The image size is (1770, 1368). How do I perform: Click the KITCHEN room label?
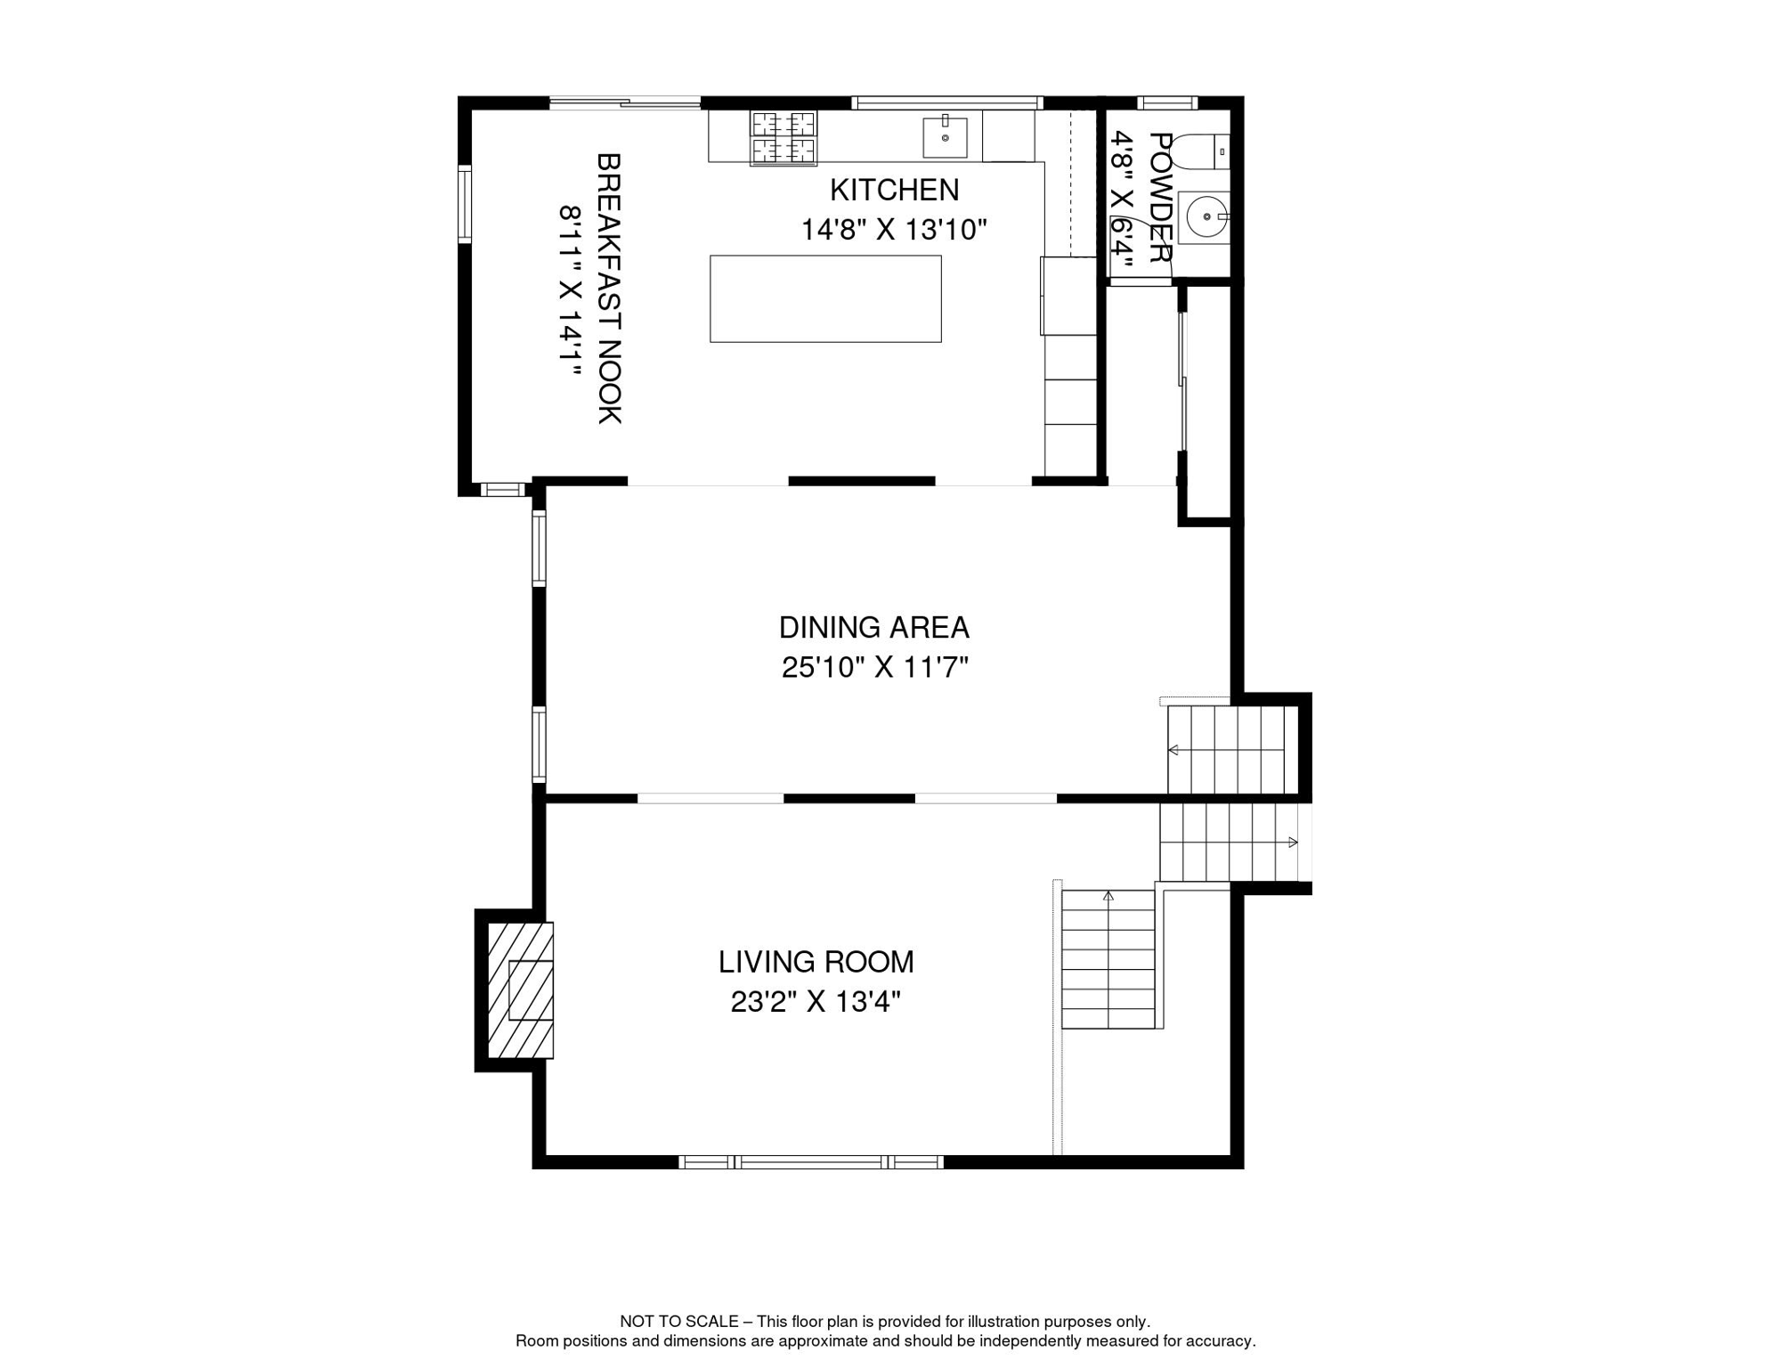[894, 190]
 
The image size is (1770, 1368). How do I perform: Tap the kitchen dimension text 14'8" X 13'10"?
[894, 230]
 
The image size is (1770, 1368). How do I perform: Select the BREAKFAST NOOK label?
[609, 289]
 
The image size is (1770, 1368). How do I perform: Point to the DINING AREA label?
[873, 628]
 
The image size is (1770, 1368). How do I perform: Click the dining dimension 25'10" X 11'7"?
[874, 667]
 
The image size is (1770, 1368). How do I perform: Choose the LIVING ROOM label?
[816, 962]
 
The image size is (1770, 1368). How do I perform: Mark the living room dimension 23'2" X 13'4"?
[816, 1002]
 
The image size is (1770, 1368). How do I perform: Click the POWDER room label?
[1159, 198]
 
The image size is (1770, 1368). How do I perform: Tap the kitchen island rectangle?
[825, 299]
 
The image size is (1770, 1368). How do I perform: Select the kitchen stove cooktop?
[784, 138]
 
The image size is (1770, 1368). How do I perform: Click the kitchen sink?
[945, 136]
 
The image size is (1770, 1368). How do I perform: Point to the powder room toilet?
[1198, 151]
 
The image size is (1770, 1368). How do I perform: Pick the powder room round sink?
[1205, 216]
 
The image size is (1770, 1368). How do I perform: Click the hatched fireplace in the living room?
[521, 990]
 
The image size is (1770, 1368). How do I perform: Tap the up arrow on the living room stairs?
[1108, 896]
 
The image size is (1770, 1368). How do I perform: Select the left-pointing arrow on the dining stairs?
[1173, 751]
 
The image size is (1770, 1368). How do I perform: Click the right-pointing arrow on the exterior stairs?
[1293, 843]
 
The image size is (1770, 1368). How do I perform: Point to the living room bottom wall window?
[810, 1162]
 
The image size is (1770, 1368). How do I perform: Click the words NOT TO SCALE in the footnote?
[678, 1322]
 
